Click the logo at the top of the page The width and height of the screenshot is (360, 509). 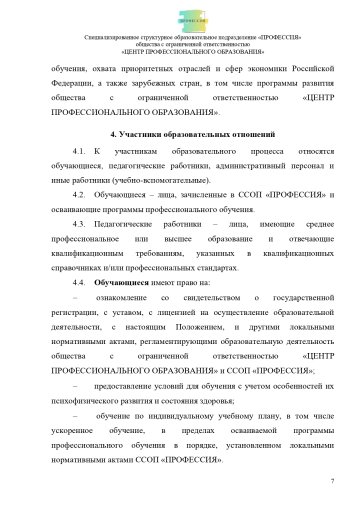point(180,17)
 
